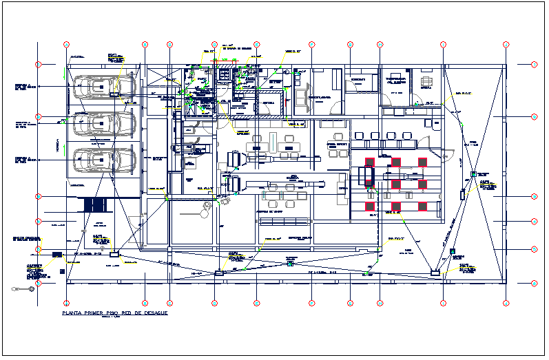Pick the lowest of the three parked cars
[96, 160]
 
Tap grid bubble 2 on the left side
[39, 116]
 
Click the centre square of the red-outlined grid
[397, 184]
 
